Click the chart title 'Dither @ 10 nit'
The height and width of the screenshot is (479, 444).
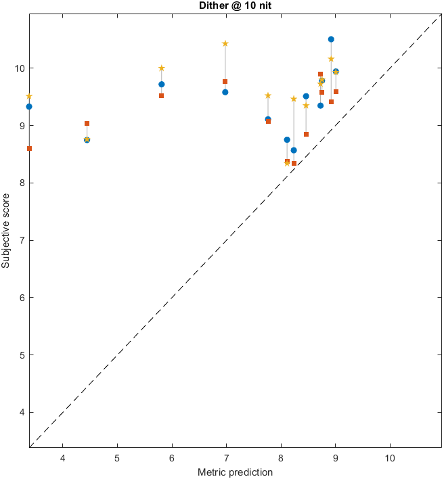tap(236, 5)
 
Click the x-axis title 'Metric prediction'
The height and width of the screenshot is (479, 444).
tap(236, 472)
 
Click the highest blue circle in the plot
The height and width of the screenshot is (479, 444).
tap(331, 39)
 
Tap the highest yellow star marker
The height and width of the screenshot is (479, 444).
tap(225, 43)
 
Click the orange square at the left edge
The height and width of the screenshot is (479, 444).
tap(29, 148)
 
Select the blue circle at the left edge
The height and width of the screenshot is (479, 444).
tap(29, 107)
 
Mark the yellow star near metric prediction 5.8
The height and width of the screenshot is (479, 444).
tap(161, 68)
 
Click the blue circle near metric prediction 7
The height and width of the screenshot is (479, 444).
tap(225, 92)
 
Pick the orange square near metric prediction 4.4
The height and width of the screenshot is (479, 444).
tap(87, 124)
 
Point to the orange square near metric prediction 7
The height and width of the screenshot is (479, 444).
tap(225, 81)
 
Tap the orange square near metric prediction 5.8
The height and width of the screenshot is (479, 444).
tap(161, 95)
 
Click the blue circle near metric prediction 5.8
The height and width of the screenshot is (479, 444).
tap(161, 85)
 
